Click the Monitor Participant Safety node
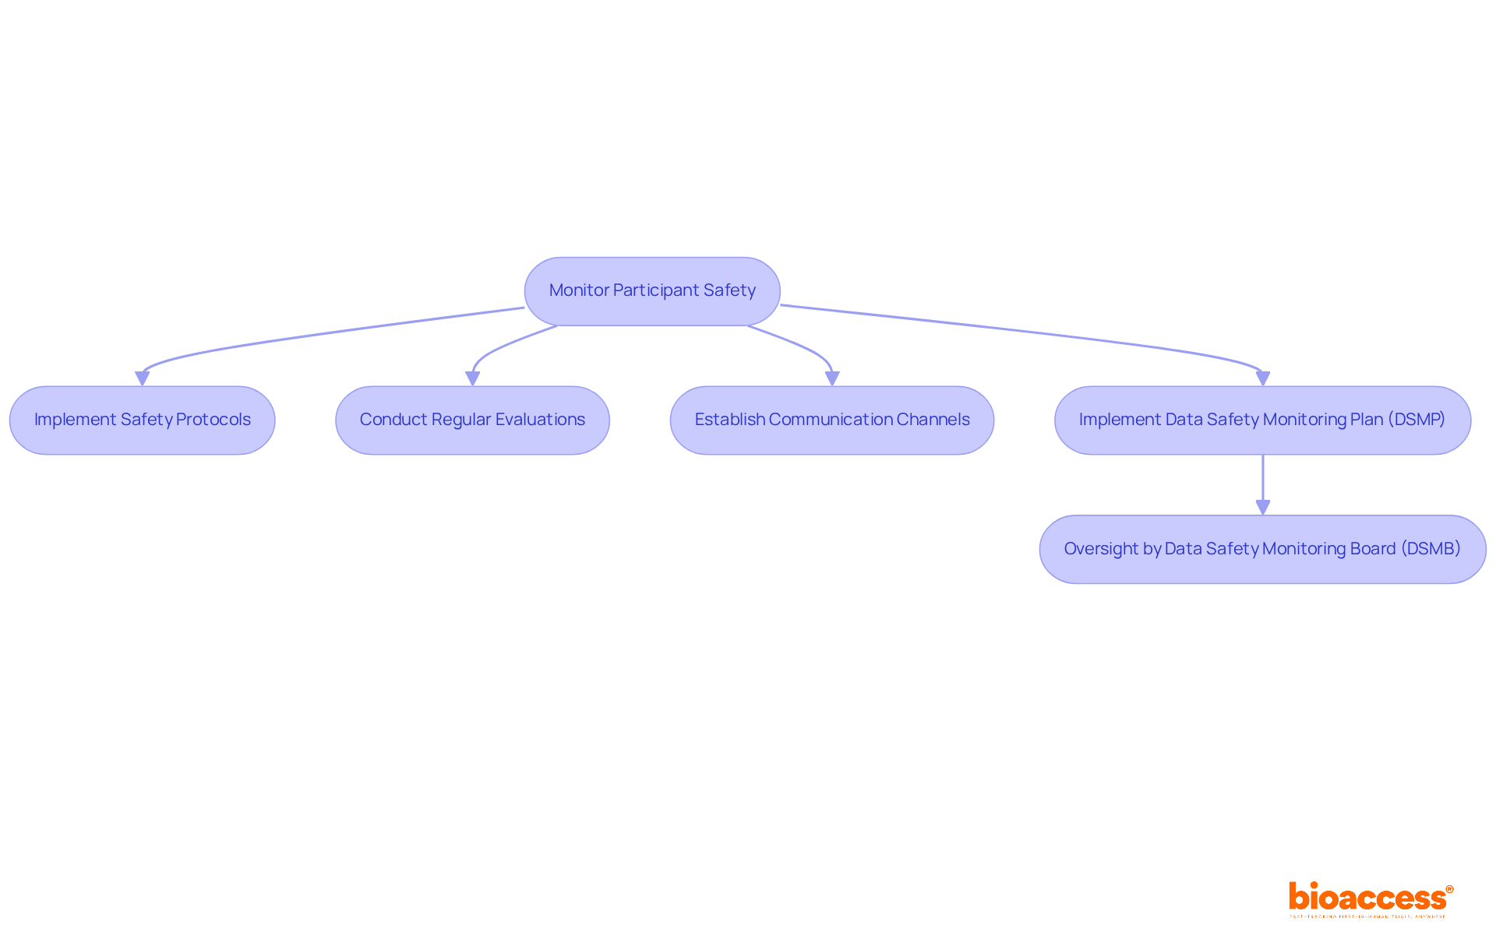pos(652,291)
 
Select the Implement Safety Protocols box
pos(142,420)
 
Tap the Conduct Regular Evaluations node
pos(472,420)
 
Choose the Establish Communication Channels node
pos(831,420)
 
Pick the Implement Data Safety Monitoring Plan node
pos(1262,420)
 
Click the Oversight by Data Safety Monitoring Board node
pos(1262,550)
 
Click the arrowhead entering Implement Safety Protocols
pos(142,378)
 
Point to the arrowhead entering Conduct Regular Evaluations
pos(472,378)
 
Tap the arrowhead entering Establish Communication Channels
pos(832,378)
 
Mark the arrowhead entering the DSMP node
pos(1263,378)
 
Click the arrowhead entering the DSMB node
pos(1263,508)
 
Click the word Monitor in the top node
pos(579,290)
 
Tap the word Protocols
pos(213,420)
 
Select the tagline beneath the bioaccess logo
pos(1367,916)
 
